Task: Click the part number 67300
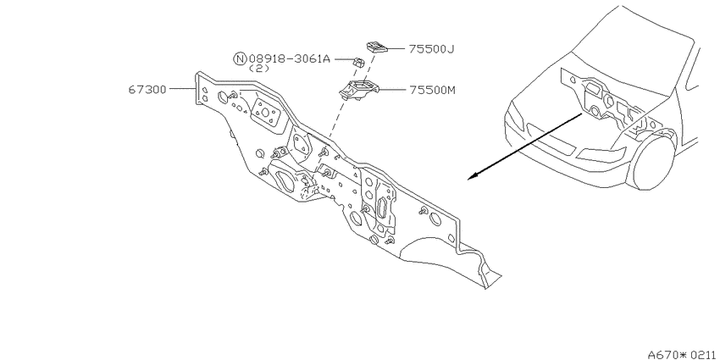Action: click(x=147, y=89)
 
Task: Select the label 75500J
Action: click(x=431, y=48)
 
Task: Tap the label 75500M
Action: click(x=432, y=90)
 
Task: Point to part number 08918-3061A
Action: click(x=290, y=58)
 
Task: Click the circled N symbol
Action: click(x=240, y=58)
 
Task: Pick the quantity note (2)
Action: click(x=259, y=69)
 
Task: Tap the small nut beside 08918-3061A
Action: click(x=357, y=62)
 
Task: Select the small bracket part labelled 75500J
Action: click(x=377, y=46)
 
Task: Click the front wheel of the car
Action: click(x=653, y=158)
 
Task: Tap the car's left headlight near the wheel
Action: click(x=602, y=154)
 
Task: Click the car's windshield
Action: click(x=634, y=46)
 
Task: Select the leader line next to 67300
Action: click(x=183, y=89)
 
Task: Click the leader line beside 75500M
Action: click(x=390, y=90)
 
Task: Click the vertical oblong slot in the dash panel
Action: click(x=382, y=208)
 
